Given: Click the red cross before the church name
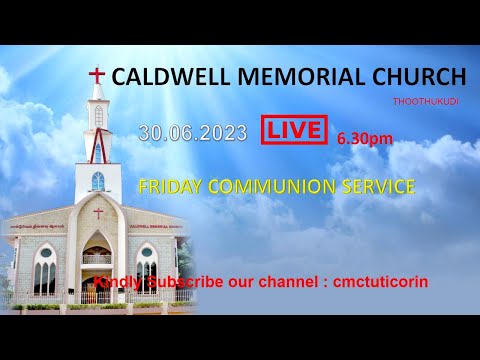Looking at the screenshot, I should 97,76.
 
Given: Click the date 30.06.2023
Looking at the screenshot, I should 193,132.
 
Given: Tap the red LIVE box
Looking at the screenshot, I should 294,130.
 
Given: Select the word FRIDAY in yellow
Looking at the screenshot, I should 169,186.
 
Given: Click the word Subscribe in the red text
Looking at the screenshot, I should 184,282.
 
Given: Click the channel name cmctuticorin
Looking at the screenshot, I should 386,282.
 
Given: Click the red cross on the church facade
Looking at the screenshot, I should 98,212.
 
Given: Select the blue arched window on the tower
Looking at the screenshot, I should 98,181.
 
